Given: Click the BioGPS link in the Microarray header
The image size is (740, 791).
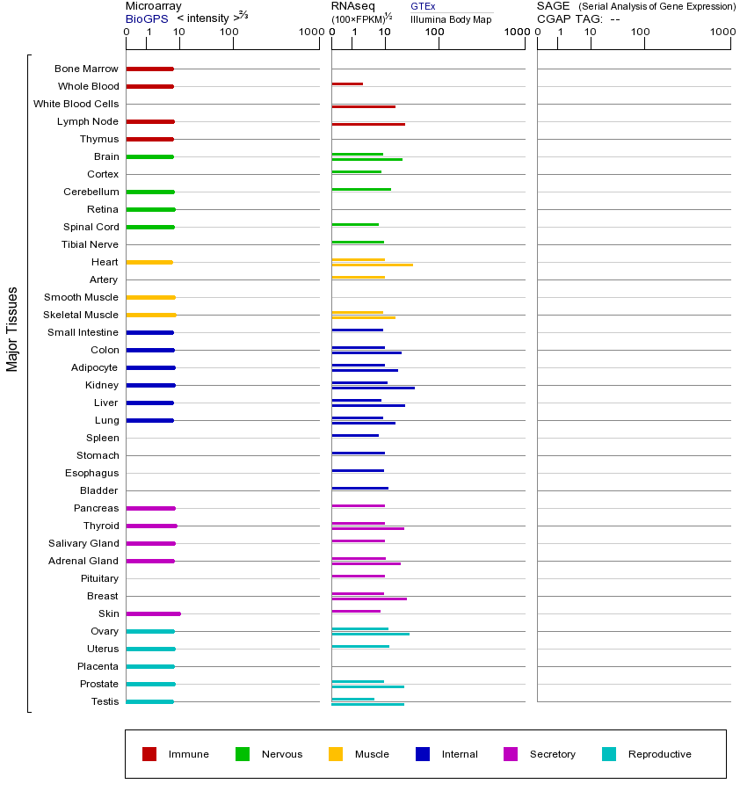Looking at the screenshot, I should (147, 18).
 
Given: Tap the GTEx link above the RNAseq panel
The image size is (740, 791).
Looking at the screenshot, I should (423, 6).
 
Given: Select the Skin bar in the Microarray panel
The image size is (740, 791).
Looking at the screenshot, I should (153, 613).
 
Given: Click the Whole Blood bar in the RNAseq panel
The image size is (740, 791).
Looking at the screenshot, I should (347, 83).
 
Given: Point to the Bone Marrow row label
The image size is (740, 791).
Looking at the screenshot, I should (86, 69).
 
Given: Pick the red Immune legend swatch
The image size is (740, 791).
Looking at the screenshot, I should (149, 754).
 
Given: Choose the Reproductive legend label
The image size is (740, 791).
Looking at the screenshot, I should (659, 754).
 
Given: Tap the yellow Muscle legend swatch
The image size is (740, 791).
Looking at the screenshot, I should (336, 754).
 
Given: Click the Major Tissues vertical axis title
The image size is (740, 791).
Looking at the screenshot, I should (12, 329).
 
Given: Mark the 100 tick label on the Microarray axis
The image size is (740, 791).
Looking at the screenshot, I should (229, 33).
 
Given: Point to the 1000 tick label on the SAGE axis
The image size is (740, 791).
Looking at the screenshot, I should (722, 33).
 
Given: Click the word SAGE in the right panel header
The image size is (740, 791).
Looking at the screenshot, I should (553, 6).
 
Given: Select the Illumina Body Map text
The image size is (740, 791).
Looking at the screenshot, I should (451, 18).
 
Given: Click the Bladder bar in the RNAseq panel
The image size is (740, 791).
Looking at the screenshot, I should (359, 488).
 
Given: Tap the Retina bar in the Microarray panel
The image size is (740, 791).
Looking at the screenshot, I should (150, 209).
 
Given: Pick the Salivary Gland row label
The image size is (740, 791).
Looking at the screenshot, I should (83, 543).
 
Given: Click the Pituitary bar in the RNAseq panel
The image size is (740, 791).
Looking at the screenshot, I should (358, 576).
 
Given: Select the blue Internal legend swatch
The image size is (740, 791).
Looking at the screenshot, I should (423, 754).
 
